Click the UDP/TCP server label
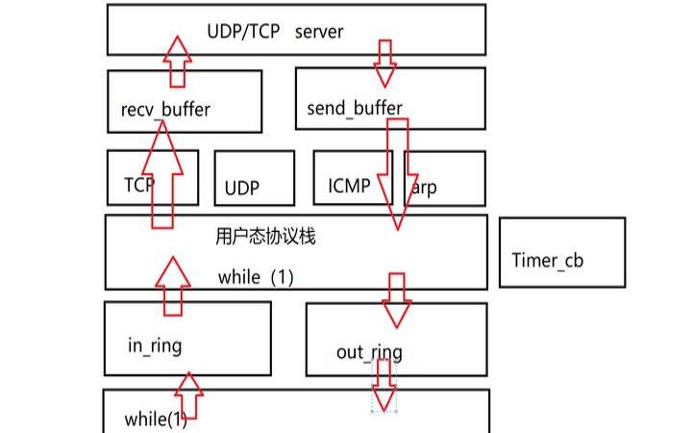(275, 32)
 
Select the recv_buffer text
(165, 109)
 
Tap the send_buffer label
(355, 108)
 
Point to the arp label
(423, 188)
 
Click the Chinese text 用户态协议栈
(266, 236)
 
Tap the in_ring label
(155, 344)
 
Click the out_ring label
(369, 352)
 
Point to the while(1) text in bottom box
(155, 420)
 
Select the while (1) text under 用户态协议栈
(255, 277)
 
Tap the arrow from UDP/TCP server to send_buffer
(385, 64)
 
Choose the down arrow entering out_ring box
(395, 300)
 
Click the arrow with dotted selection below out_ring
(384, 389)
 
